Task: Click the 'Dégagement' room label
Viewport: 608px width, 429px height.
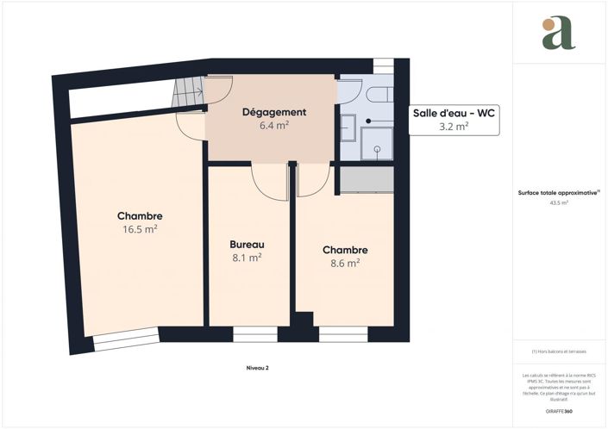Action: click(273, 112)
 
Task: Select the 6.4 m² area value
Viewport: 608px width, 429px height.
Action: click(273, 126)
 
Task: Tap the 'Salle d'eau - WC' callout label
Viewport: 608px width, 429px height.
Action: click(453, 112)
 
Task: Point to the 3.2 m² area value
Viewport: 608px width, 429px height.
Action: click(453, 127)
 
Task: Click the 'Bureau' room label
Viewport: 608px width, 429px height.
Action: click(246, 244)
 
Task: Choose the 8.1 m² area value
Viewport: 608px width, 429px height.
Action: click(246, 257)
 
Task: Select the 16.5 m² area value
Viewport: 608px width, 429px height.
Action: click(140, 229)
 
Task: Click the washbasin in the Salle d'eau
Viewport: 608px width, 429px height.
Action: click(347, 127)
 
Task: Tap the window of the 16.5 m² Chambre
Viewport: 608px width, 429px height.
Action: click(126, 342)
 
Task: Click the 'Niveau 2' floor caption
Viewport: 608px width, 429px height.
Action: click(257, 368)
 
